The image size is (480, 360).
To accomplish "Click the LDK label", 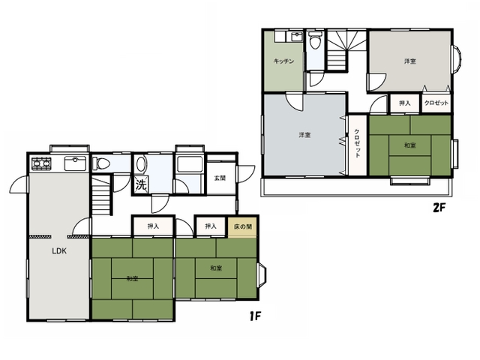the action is click(x=59, y=251).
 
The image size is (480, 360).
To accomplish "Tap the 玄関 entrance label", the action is click(x=220, y=178).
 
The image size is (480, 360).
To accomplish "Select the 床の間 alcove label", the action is click(x=243, y=226).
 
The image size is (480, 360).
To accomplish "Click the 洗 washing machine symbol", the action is click(x=141, y=184).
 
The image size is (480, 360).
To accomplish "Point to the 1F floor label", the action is click(x=255, y=316).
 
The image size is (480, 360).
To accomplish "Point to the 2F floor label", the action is click(x=438, y=208).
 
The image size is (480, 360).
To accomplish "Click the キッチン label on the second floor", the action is click(x=283, y=61).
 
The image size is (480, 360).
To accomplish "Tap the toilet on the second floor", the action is click(x=315, y=41).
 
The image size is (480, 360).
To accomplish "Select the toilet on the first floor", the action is click(x=100, y=163).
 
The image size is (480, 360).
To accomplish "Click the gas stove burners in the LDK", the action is click(x=42, y=163).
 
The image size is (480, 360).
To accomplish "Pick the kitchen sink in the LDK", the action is click(x=75, y=163).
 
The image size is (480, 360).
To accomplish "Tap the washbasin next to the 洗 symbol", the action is click(x=141, y=164).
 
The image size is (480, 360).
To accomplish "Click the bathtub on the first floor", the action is click(x=190, y=164).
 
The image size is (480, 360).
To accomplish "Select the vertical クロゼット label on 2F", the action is click(x=357, y=143).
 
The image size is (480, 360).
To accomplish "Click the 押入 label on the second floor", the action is click(x=404, y=103).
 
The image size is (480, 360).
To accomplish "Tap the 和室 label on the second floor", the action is click(x=410, y=145).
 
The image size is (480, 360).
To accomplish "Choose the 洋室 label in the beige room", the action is click(x=410, y=61).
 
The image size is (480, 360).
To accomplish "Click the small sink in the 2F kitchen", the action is click(x=295, y=37).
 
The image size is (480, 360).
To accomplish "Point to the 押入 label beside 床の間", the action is click(x=211, y=226).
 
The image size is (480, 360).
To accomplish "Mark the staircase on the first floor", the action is click(x=101, y=195).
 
